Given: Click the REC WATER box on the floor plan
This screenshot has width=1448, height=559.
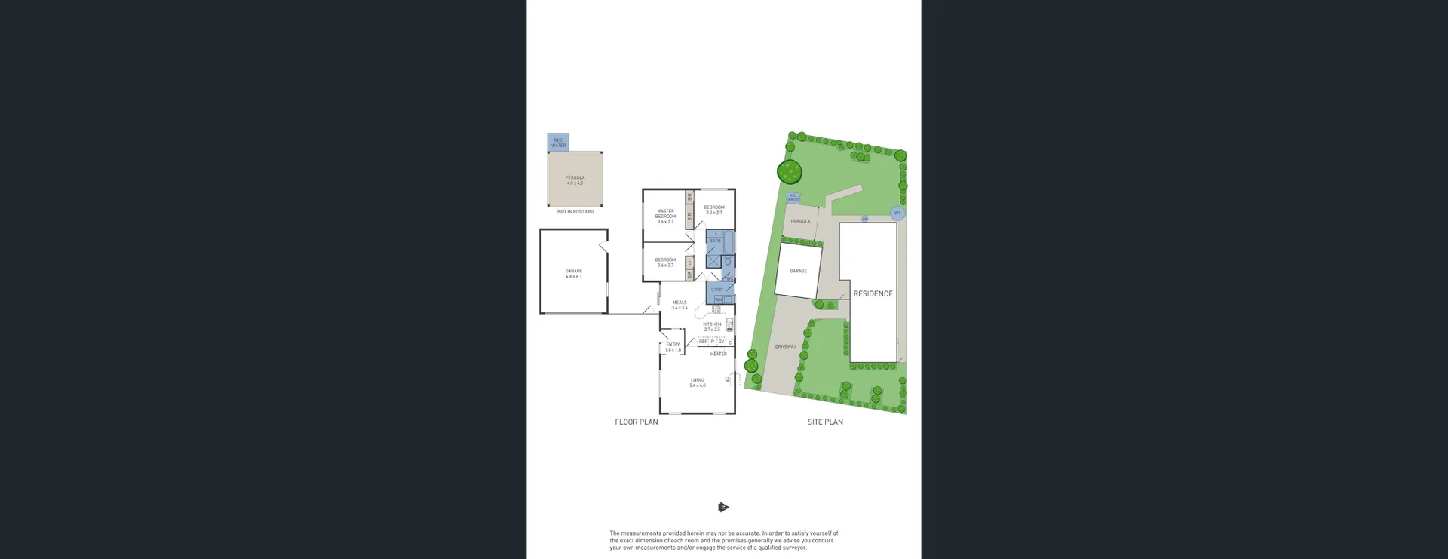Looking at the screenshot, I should (x=558, y=143).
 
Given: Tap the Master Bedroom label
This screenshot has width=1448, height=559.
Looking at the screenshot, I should (x=665, y=217).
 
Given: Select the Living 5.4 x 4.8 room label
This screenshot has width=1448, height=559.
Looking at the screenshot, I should (x=698, y=383).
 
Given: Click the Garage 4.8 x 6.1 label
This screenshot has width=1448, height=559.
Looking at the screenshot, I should (x=574, y=274).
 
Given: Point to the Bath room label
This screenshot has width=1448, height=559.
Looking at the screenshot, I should (x=715, y=241).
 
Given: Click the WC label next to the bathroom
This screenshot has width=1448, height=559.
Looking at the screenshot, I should (x=729, y=278).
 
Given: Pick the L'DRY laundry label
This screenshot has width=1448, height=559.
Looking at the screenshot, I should (x=717, y=290).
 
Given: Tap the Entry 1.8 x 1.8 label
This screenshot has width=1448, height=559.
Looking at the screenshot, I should (x=673, y=347).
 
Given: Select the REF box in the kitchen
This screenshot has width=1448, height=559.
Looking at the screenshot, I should (x=703, y=342).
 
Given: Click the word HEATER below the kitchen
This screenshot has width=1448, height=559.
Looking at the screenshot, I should (x=719, y=354).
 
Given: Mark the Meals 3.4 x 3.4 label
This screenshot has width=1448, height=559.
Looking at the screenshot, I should (x=680, y=305).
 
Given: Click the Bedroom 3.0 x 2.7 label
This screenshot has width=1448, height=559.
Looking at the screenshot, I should (x=714, y=210).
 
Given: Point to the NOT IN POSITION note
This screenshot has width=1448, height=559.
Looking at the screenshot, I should (x=575, y=212).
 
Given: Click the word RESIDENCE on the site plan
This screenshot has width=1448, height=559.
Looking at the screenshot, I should (x=873, y=294).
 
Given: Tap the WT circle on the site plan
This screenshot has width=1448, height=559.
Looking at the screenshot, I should (x=897, y=213).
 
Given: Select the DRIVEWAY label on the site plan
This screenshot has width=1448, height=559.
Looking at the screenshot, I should (x=785, y=347).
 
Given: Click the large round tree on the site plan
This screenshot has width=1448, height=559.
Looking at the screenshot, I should (x=790, y=172).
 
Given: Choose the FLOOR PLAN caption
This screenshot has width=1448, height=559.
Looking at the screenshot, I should (x=636, y=422).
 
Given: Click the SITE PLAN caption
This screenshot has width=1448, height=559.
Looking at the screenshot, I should (x=825, y=422).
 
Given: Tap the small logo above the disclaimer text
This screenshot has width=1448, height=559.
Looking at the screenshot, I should (x=723, y=508).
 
